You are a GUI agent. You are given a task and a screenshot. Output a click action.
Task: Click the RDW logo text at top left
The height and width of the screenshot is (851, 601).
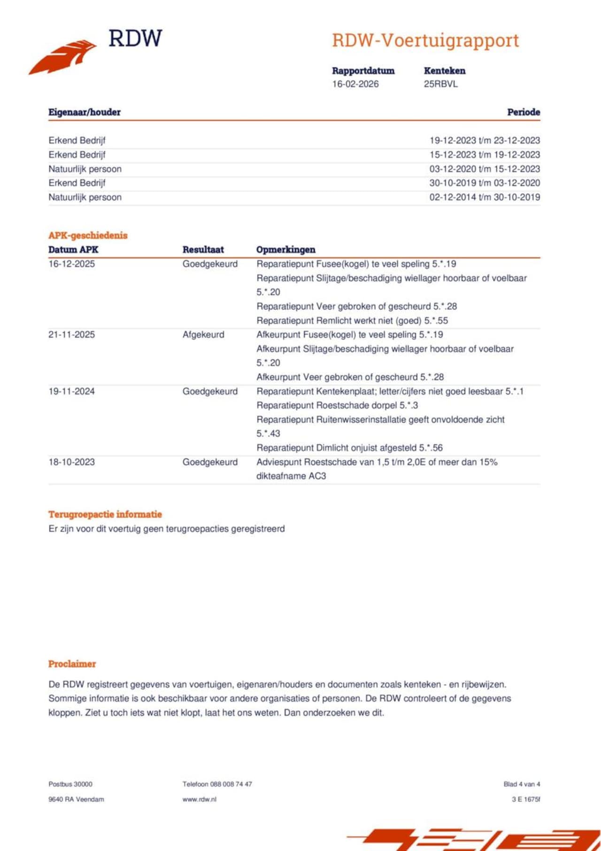click(135, 39)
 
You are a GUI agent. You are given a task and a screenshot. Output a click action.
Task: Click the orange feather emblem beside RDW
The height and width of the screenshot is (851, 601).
click(63, 57)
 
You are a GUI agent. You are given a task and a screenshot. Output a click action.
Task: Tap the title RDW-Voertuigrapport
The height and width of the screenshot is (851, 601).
click(425, 40)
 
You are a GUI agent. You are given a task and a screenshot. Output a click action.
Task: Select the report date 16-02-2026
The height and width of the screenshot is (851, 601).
click(355, 84)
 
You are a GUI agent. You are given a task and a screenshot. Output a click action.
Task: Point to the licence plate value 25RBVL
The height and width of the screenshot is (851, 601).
click(440, 84)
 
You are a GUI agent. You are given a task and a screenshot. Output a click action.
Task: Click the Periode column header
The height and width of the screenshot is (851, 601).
click(523, 112)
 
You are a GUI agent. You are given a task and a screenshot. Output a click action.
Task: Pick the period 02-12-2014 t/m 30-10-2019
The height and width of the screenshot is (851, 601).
click(485, 197)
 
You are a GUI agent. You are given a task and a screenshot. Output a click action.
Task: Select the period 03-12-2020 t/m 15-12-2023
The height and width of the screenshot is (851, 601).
click(485, 169)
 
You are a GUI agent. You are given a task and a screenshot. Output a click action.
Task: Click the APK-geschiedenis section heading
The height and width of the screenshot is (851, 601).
click(88, 235)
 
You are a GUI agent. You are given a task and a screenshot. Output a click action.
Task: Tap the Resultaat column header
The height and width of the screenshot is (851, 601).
click(203, 250)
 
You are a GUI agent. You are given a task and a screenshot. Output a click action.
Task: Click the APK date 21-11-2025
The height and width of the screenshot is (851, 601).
click(71, 335)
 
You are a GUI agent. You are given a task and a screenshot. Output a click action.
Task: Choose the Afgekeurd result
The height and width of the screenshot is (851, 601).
click(203, 335)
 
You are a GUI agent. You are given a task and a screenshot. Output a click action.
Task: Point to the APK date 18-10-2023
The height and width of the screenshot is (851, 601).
click(71, 462)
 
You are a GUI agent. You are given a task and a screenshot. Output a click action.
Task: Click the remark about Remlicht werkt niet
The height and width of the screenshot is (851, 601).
click(352, 321)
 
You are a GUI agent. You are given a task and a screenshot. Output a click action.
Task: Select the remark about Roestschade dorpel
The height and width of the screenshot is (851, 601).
click(337, 405)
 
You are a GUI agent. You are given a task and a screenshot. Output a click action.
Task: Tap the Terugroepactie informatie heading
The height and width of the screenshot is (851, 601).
click(105, 514)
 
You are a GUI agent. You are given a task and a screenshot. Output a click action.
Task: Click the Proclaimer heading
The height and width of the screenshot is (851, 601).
click(72, 664)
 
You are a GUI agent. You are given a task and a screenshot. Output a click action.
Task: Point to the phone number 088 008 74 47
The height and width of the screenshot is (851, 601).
click(231, 784)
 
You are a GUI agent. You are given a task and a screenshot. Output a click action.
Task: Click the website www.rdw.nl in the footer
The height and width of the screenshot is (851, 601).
click(200, 799)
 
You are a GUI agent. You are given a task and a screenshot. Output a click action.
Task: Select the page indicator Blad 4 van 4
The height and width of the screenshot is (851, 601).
click(522, 784)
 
